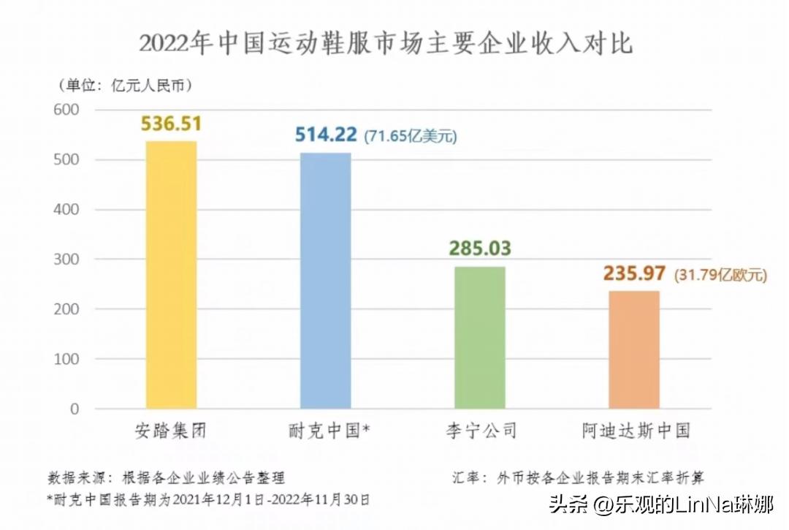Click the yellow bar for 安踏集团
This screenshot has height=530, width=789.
pyautogui.click(x=171, y=274)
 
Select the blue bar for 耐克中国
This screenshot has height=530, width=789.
pyautogui.click(x=325, y=281)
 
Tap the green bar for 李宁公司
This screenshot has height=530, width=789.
pyautogui.click(x=480, y=337)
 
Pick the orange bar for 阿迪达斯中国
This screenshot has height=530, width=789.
pyautogui.click(x=634, y=349)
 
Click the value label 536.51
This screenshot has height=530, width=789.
pyautogui.click(x=171, y=124)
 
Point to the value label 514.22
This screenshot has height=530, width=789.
pyautogui.click(x=326, y=135)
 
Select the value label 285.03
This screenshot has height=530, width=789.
pyautogui.click(x=480, y=249)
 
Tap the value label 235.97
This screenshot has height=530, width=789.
pyautogui.click(x=634, y=274)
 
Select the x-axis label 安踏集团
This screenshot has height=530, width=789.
pyautogui.click(x=171, y=431)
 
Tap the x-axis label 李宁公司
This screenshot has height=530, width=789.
pyautogui.click(x=480, y=431)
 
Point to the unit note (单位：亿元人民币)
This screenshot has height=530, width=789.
pyautogui.click(x=125, y=85)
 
